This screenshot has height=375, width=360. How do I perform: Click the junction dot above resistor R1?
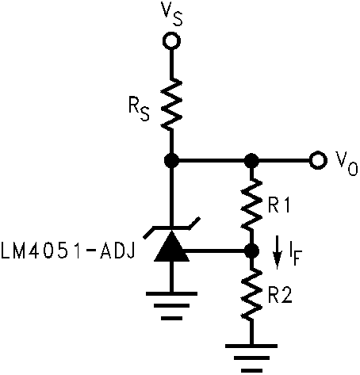coord(252,160)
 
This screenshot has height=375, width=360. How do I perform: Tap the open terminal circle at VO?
coord(319,160)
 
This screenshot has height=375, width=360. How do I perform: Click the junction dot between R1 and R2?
coord(252,251)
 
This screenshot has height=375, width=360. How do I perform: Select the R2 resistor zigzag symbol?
coord(252,296)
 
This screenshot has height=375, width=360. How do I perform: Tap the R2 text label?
coord(279,297)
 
